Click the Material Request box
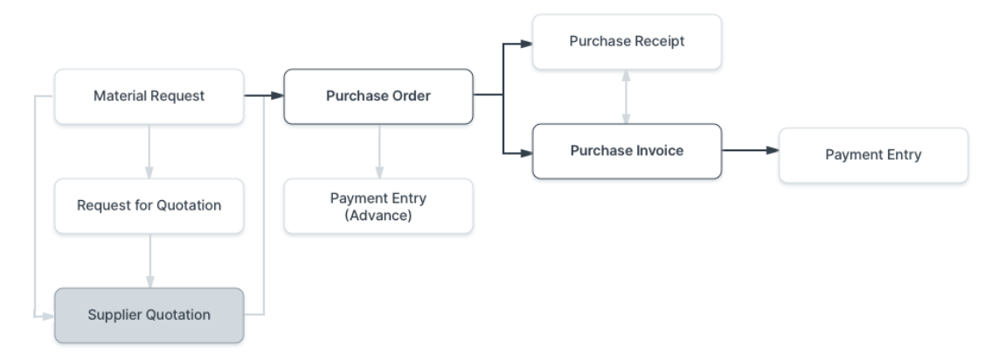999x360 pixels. pyautogui.click(x=149, y=96)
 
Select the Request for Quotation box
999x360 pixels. pyautogui.click(x=149, y=206)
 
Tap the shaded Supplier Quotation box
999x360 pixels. pyautogui.click(x=149, y=315)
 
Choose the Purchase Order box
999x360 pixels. pyautogui.click(x=378, y=96)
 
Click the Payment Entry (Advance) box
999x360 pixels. pyautogui.click(x=378, y=206)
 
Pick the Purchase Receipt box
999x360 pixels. pyautogui.click(x=628, y=41)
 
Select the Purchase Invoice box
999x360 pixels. pyautogui.click(x=626, y=151)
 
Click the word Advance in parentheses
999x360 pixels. pyautogui.click(x=378, y=214)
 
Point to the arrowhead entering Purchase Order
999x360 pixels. pyautogui.click(x=277, y=96)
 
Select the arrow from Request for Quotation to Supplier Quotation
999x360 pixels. pyautogui.click(x=149, y=260)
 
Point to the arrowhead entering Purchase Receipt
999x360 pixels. pyautogui.click(x=527, y=41)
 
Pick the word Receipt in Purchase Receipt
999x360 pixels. pyautogui.click(x=657, y=41)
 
